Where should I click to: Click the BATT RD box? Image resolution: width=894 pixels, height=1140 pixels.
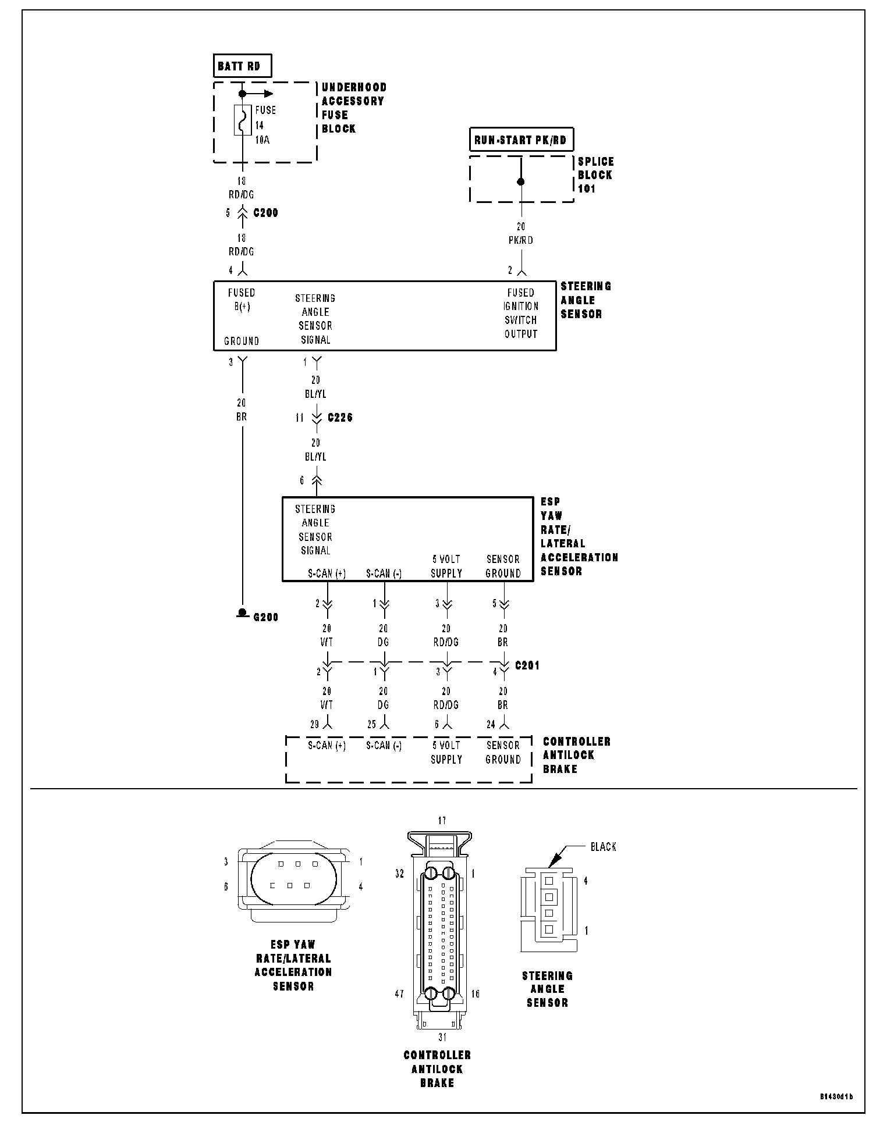(242, 66)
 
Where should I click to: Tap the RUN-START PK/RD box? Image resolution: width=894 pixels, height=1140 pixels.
(521, 140)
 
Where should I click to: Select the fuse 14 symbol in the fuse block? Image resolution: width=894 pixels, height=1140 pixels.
(242, 120)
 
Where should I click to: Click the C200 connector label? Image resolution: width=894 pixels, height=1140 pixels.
(265, 213)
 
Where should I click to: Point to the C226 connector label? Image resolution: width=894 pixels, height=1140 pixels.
(340, 418)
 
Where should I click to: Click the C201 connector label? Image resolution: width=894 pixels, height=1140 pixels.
(527, 665)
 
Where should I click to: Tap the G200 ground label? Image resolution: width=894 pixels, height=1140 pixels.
(265, 617)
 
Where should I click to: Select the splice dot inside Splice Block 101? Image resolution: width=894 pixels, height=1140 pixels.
(521, 181)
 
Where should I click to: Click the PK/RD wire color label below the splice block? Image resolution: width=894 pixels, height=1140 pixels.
(521, 240)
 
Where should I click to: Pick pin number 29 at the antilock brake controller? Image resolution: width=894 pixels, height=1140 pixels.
(314, 725)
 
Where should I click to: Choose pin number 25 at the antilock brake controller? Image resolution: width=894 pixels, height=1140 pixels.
(371, 725)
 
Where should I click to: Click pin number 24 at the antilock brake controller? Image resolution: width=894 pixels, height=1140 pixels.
(491, 725)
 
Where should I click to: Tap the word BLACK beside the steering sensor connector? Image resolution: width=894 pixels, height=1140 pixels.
(603, 847)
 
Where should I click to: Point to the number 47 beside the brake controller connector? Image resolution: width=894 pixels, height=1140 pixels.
(399, 994)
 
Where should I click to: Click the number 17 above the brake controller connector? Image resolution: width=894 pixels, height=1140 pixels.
(442, 821)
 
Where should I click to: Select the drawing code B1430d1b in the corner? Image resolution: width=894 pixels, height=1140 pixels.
(836, 1097)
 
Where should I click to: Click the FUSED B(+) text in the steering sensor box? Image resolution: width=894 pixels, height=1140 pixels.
(242, 300)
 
